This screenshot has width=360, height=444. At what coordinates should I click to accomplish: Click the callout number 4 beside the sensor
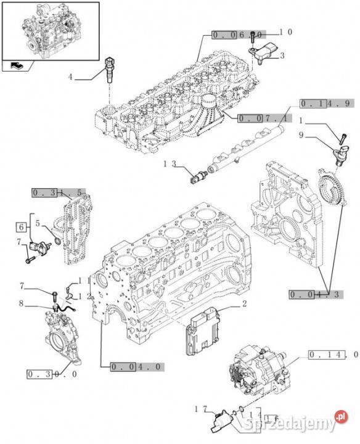point(70,77)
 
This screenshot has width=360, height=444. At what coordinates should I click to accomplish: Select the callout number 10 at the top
point(285,31)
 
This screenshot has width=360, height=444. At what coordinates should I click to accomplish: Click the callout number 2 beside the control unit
point(244,303)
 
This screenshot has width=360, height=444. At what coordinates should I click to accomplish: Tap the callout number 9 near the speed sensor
point(302,134)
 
